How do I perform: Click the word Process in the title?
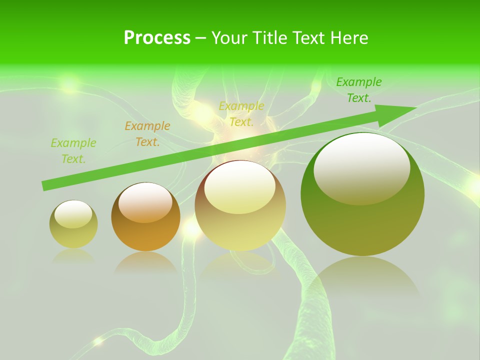click(x=157, y=38)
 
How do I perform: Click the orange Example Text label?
click(x=147, y=134)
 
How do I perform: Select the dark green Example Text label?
click(x=359, y=90)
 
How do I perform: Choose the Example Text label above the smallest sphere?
click(x=73, y=151)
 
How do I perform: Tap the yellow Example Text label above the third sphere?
click(x=241, y=114)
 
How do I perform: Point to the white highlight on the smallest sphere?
click(x=73, y=214)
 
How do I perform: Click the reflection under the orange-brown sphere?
click(x=145, y=262)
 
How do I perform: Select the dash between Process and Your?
click(x=200, y=38)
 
